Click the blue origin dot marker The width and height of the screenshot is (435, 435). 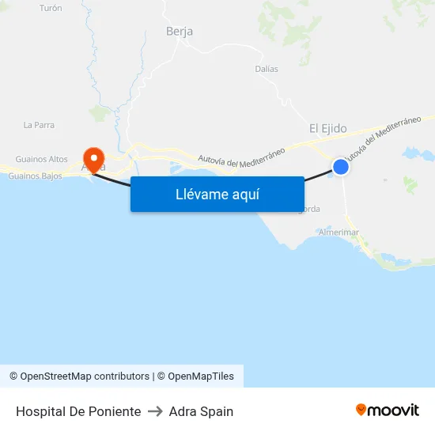click(x=340, y=166)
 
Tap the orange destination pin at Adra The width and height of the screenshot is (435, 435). click(x=93, y=159)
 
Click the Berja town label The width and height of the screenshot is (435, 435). click(x=180, y=32)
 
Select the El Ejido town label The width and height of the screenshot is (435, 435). click(x=327, y=128)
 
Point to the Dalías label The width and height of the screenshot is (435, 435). click(x=267, y=69)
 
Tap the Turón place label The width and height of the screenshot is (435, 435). click(x=51, y=8)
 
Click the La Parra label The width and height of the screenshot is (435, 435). click(x=38, y=125)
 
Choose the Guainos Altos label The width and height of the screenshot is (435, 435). click(x=42, y=159)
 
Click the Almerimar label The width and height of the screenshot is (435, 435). click(x=339, y=233)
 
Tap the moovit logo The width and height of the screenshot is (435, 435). click(x=388, y=410)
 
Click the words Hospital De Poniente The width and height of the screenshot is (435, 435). click(x=78, y=411)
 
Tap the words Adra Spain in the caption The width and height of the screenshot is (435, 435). click(x=201, y=411)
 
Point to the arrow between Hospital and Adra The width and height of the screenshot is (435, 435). click(x=155, y=411)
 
